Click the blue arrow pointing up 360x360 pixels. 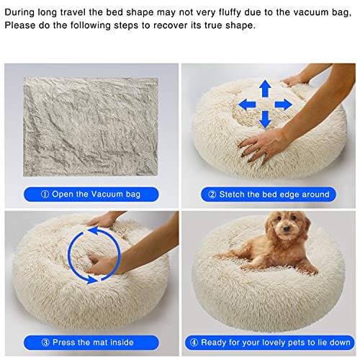265,89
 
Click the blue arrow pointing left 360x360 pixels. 247,105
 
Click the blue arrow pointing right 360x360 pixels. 284,104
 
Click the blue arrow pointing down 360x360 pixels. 265,120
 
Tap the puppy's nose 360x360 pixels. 287,228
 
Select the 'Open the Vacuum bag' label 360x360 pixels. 91,194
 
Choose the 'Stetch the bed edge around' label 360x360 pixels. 269,194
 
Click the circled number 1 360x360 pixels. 45,194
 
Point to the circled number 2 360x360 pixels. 212,194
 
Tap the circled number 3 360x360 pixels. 45,343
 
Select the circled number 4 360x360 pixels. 194,343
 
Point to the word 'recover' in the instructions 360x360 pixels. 170,25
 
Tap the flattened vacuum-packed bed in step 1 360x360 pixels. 91,127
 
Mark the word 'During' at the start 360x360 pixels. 19,12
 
